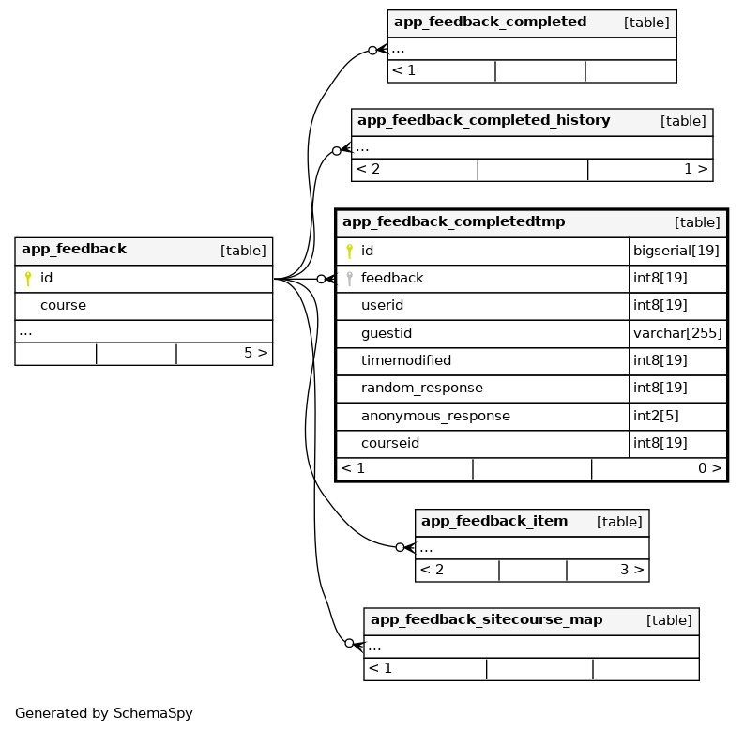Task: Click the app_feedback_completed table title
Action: pyautogui.click(x=490, y=23)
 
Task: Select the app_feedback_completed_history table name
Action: pyautogui.click(x=483, y=121)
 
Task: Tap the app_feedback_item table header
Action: pyautogui.click(x=494, y=522)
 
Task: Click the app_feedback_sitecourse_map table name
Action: pyautogui.click(x=499, y=620)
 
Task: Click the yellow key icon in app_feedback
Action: pyautogui.click(x=28, y=279)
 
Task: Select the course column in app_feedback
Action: pyautogui.click(x=63, y=306)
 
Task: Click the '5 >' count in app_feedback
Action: pyautogui.click(x=255, y=354)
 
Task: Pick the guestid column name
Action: pyautogui.click(x=386, y=334)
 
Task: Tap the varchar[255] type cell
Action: pyautogui.click(x=677, y=334)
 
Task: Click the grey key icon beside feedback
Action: pyautogui.click(x=349, y=279)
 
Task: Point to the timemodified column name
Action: pyautogui.click(x=405, y=361)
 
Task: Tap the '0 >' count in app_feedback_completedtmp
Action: pyautogui.click(x=709, y=468)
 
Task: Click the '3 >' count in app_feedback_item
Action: pyautogui.click(x=631, y=570)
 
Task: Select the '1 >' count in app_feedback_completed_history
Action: pyautogui.click(x=695, y=170)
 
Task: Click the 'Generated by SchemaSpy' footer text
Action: pyautogui.click(x=103, y=713)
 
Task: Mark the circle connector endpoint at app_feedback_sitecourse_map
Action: pyautogui.click(x=349, y=644)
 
